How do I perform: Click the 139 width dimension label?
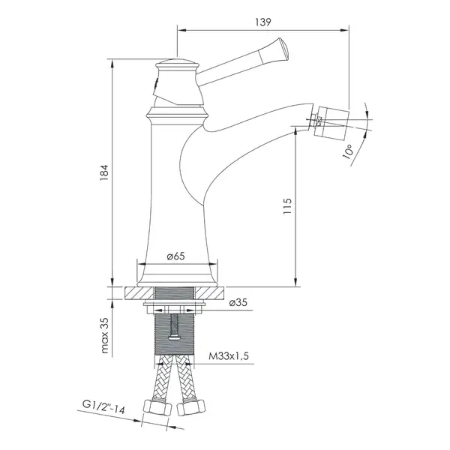pos(263,22)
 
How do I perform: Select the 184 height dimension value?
pos(103,172)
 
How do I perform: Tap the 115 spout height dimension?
pos(287,206)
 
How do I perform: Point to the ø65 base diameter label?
pos(176,256)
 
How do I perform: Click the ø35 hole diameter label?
pos(238,302)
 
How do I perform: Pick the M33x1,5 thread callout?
pos(229,356)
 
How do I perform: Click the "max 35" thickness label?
pos(105,335)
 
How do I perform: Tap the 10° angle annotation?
pos(347,151)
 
